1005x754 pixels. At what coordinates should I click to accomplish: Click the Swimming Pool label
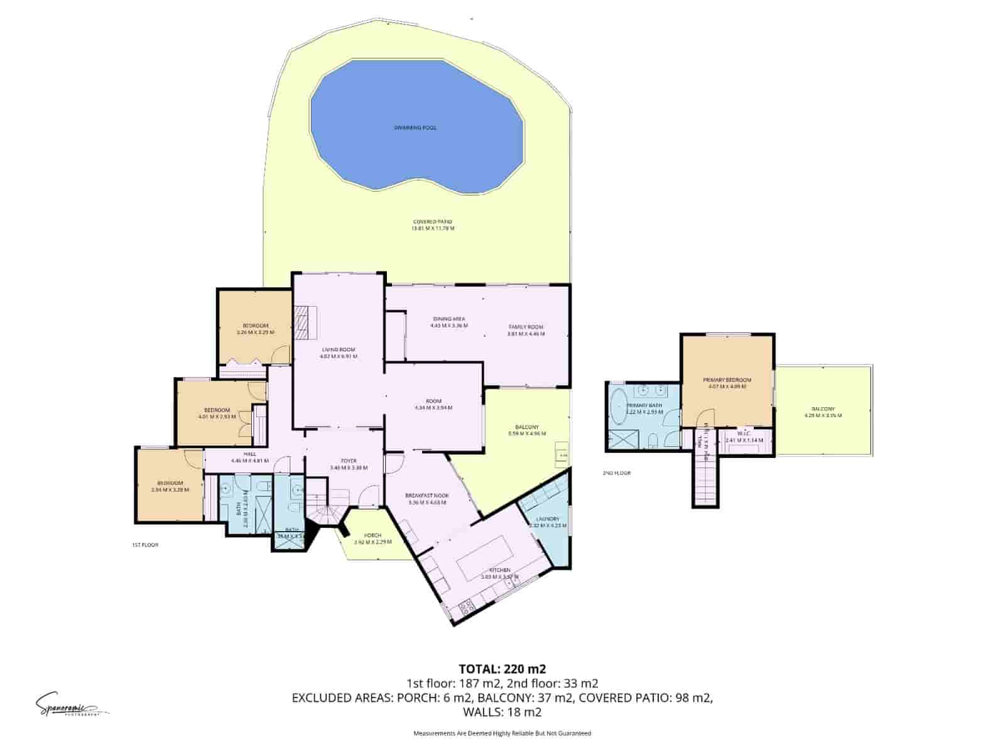point(415,128)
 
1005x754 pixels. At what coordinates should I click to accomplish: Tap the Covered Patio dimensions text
point(432,229)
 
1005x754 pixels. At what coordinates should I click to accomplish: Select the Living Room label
point(339,349)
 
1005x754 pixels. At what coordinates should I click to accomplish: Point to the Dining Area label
point(448,318)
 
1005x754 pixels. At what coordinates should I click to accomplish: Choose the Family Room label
point(526,327)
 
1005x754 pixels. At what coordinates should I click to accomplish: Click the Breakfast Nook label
point(427,496)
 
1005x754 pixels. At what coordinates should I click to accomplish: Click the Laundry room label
point(548,519)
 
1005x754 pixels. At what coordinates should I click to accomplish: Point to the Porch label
point(372,535)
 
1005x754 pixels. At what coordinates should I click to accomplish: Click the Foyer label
point(348,461)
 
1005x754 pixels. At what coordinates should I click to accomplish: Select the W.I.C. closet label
point(744,434)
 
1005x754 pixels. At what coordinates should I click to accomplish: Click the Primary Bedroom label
point(727,380)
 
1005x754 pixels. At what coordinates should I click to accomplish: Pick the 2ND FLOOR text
point(616,473)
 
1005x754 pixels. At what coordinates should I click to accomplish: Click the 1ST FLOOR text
point(145,545)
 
